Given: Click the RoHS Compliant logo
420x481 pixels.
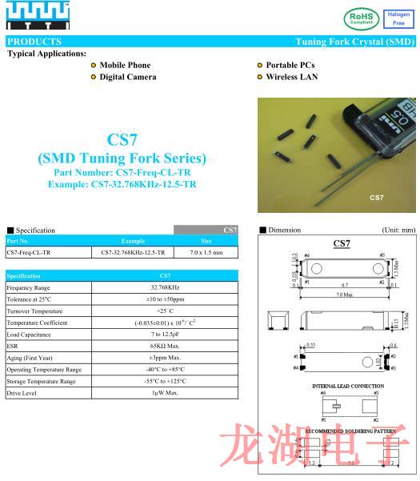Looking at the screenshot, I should pos(362,18).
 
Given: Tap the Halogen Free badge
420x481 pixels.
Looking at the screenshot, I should pos(399,18).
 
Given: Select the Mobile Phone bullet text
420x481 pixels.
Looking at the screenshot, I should pos(125,65).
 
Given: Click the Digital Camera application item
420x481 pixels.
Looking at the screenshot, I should pos(127,77).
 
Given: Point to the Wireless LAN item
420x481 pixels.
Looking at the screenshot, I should pos(292,77).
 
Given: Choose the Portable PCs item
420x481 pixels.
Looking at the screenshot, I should pos(289,65).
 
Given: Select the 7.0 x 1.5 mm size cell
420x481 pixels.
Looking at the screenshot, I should pos(206,253).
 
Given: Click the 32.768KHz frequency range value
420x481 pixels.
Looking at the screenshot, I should pos(165,287).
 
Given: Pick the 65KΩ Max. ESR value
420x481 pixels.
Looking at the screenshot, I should pos(165,346).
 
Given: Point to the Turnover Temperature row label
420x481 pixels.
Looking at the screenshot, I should pos(35,311).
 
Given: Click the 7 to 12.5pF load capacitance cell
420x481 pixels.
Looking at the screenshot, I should pos(165,335).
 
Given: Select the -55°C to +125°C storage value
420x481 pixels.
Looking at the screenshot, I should pos(165,381).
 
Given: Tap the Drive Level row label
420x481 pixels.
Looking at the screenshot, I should pos(22,393).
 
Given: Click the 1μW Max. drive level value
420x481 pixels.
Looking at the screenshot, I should pos(165,393).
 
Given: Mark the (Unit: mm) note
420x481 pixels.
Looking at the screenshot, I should pos(398,230).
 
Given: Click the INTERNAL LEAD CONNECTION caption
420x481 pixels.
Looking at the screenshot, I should pos(347,387).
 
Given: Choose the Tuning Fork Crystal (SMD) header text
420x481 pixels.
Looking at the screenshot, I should pos(354,42).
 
